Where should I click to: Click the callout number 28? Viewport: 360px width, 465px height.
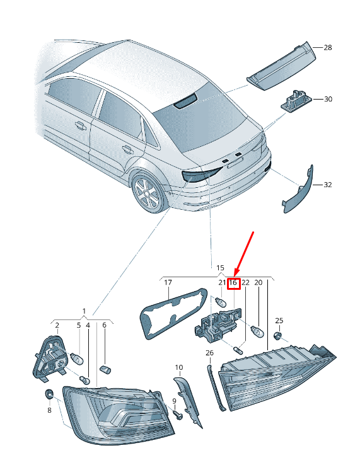coord(327,47)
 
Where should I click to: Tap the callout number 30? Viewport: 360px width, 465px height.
coord(328,99)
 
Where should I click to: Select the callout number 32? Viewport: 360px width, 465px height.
coord(327,185)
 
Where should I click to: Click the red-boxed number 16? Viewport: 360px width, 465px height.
coord(233,283)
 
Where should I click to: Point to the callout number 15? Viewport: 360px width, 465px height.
coord(220,268)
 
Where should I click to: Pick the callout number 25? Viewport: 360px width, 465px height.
coord(279,321)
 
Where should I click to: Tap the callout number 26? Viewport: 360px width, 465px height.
coord(209,353)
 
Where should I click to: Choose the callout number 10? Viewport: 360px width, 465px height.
coord(178,368)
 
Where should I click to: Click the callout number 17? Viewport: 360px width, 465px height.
coord(168,283)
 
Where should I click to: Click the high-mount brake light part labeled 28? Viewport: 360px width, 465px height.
coord(281,66)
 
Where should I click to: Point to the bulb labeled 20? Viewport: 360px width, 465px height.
coord(257,332)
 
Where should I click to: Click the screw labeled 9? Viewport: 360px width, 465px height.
coord(178,415)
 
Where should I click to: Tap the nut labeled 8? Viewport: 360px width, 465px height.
coord(49,394)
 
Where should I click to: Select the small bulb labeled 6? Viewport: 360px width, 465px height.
coord(105,370)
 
